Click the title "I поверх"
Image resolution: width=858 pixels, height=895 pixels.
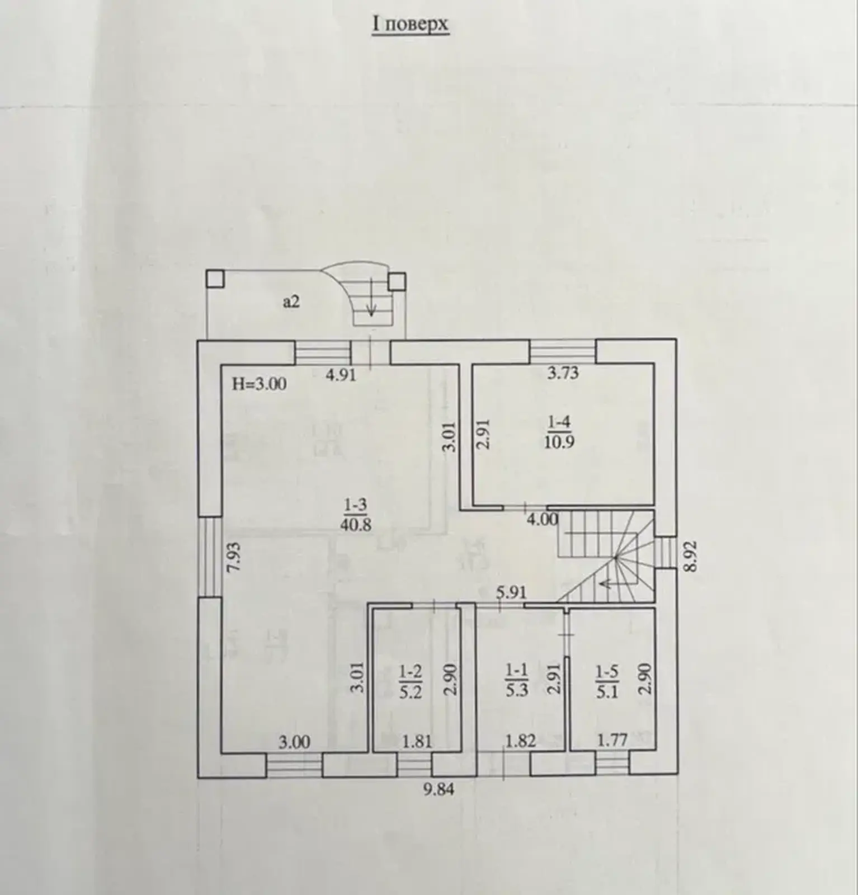pos(411,25)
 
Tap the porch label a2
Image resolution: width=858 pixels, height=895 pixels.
pos(291,302)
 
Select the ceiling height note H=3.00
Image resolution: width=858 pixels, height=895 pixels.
pos(260,384)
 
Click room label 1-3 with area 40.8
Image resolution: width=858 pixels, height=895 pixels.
pos(355,515)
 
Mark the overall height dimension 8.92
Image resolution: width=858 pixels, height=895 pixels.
pos(692,555)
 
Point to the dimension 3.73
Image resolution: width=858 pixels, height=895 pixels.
pos(563,373)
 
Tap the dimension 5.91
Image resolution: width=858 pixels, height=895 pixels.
pos(512,591)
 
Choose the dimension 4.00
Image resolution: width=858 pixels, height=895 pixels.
pos(543,520)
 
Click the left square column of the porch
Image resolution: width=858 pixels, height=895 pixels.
pos(215,279)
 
